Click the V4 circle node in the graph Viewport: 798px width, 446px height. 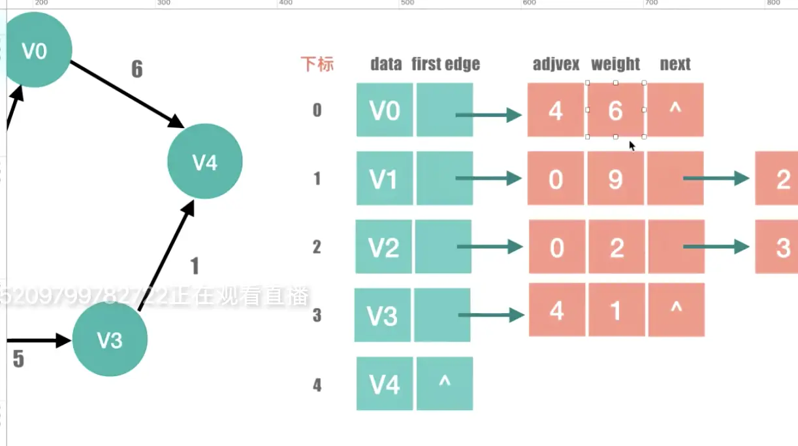(x=205, y=162)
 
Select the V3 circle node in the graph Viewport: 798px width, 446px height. (x=110, y=339)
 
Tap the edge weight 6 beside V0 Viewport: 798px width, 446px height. (x=136, y=69)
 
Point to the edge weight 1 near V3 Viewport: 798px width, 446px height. (x=194, y=266)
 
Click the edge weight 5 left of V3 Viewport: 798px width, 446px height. (x=18, y=359)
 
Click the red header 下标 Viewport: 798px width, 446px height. (x=317, y=64)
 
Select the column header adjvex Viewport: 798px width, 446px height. (x=556, y=64)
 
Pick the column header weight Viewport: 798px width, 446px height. (x=615, y=64)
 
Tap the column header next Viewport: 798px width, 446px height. (x=675, y=64)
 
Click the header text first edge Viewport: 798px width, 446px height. (x=445, y=64)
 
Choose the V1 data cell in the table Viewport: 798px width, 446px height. (x=384, y=179)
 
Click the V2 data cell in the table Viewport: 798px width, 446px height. (x=383, y=247)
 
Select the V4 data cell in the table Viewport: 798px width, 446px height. (x=384, y=384)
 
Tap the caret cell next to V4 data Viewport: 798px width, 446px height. (x=444, y=384)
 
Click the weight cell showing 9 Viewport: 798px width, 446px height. (x=615, y=179)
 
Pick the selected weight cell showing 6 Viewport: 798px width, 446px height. (x=615, y=111)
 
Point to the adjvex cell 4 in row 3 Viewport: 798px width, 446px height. (x=556, y=310)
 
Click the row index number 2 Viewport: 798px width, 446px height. (x=317, y=247)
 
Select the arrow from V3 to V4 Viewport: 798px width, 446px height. (x=167, y=255)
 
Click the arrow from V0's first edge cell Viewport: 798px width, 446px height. (x=488, y=116)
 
